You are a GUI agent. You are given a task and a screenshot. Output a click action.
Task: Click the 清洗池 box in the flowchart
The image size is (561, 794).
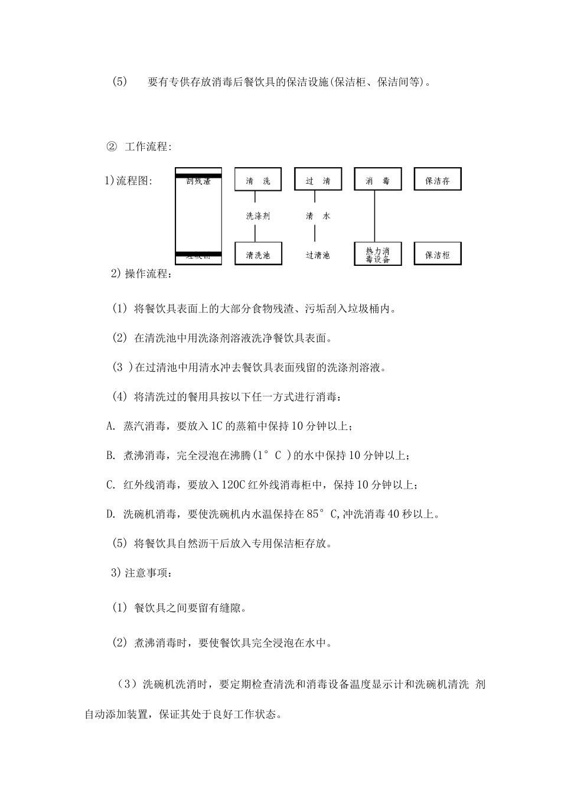(258, 254)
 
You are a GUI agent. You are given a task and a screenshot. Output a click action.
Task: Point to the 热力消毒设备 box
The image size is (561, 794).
(377, 254)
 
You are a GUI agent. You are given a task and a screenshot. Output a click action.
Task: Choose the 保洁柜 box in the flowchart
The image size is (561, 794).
(437, 254)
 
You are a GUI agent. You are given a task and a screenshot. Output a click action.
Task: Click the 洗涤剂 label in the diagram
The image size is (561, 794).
(258, 216)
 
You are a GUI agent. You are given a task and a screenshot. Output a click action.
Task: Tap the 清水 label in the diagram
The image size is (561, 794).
(318, 216)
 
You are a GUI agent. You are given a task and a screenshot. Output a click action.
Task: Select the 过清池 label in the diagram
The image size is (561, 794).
(318, 255)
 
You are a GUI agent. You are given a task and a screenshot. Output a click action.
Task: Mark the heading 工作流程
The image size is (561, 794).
(148, 147)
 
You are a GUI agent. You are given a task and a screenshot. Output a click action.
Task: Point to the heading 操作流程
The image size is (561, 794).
(148, 274)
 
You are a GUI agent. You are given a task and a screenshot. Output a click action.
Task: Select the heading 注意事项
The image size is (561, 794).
(148, 572)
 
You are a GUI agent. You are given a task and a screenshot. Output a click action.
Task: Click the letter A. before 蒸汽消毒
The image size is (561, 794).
(111, 426)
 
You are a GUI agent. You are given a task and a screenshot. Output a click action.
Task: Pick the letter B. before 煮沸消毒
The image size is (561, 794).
(111, 455)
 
